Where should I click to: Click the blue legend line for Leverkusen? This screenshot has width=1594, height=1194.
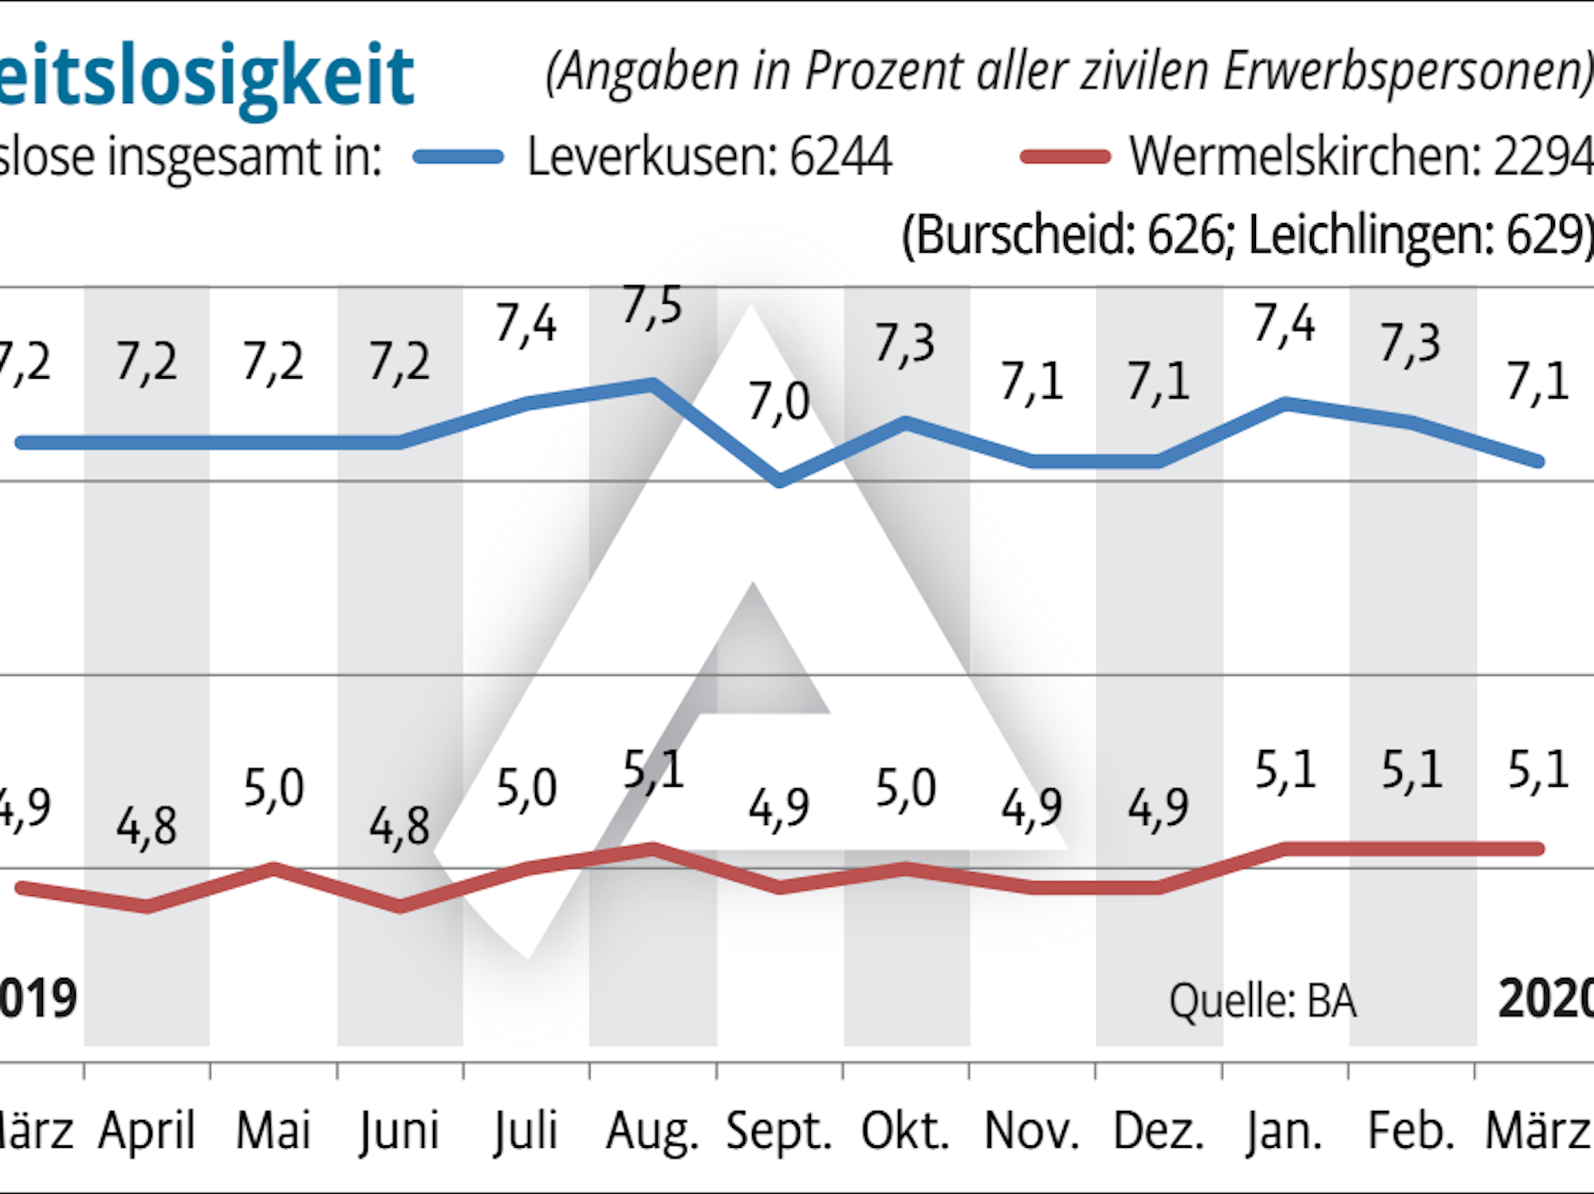[459, 157]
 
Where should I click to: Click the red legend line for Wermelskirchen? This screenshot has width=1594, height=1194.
[1065, 157]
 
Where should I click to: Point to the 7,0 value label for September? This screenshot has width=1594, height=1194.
[779, 402]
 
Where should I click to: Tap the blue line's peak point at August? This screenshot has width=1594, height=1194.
[653, 384]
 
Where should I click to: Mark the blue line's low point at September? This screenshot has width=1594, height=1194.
[780, 481]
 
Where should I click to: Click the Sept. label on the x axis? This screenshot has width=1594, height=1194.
[779, 1131]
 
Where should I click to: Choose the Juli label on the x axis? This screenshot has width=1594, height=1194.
[525, 1131]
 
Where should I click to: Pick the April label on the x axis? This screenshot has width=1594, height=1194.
[147, 1131]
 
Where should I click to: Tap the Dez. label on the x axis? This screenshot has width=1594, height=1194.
[1159, 1131]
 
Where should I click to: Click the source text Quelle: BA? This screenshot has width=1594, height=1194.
[1262, 1001]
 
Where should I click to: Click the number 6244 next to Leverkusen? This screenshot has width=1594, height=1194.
[840, 157]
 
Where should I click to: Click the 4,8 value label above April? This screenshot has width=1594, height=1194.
[147, 826]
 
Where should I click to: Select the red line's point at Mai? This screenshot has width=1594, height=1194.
[274, 868]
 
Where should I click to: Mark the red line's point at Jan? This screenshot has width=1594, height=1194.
[1285, 849]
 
